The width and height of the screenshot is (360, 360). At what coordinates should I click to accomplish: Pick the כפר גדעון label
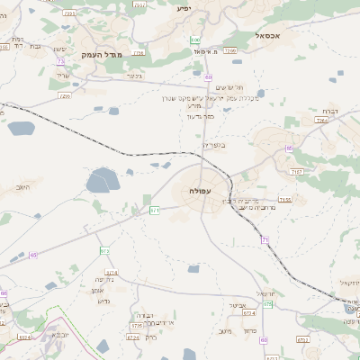pyautogui.click(x=204, y=115)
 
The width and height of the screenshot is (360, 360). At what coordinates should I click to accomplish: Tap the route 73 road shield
pyautogui.click(x=60, y=61)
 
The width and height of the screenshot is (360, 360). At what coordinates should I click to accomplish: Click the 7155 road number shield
pyautogui.click(x=285, y=199)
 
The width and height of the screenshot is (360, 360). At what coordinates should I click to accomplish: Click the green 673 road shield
pyautogui.click(x=105, y=250)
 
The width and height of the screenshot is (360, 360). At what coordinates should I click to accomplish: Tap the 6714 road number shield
pyautogui.click(x=112, y=272)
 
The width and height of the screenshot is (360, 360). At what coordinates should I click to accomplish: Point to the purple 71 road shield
pyautogui.click(x=265, y=239)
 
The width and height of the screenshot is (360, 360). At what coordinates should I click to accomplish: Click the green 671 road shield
pyautogui.click(x=155, y=210)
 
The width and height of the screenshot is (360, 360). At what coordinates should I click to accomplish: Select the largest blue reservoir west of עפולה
pyautogui.click(x=102, y=182)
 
